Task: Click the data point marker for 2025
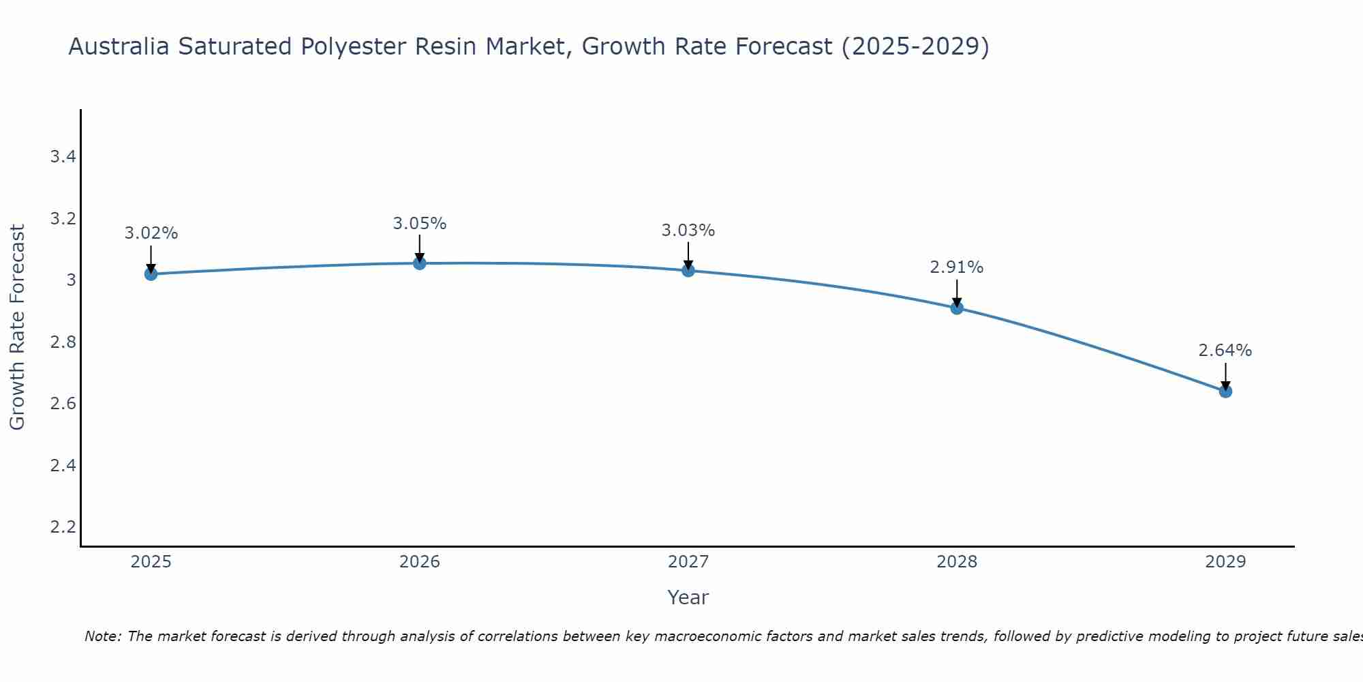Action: [x=151, y=274]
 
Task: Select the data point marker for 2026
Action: [x=420, y=263]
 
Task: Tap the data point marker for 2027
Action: [x=688, y=271]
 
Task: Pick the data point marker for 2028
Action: [x=957, y=308]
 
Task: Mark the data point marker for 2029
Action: [x=1225, y=391]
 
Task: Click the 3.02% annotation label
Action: [x=151, y=233]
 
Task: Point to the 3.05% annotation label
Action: [x=420, y=224]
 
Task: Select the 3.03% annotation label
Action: [x=688, y=231]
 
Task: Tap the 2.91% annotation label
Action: [x=957, y=267]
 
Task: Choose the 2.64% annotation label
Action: [x=1225, y=351]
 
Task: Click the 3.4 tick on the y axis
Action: [x=63, y=157]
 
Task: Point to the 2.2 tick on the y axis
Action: [x=63, y=527]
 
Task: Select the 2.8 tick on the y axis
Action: [x=63, y=342]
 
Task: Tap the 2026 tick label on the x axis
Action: [x=420, y=562]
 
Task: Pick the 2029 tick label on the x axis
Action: [x=1225, y=562]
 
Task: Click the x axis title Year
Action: [x=688, y=597]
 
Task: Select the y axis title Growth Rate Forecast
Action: [x=18, y=327]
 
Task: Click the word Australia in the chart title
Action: [x=119, y=47]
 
